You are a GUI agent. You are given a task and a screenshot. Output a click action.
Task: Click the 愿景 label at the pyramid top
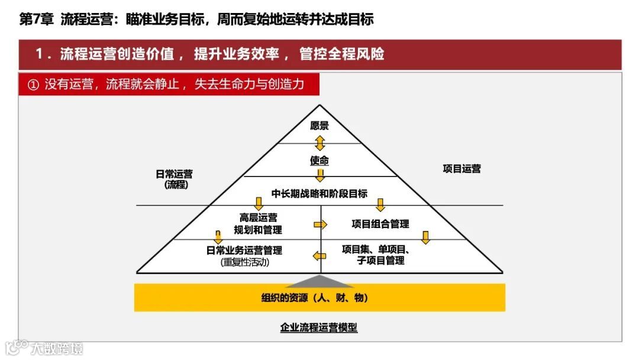click(319, 126)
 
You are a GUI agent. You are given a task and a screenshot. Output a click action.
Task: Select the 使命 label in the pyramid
click(319, 161)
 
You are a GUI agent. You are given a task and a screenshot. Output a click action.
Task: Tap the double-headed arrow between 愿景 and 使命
click(320, 143)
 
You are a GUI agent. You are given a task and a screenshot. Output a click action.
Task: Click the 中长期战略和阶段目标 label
click(319, 194)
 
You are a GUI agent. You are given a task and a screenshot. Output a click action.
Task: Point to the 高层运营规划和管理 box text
click(258, 224)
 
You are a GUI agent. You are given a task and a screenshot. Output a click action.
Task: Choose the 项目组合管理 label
click(380, 224)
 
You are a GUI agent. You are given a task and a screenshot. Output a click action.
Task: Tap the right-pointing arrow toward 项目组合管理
click(320, 224)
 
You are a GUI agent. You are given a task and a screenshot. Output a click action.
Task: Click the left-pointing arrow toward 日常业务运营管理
click(319, 256)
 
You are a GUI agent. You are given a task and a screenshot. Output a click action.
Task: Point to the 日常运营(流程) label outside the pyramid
click(174, 179)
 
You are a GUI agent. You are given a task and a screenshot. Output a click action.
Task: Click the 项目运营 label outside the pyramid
click(462, 169)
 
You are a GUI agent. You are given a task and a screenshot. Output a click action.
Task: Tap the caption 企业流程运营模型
click(319, 327)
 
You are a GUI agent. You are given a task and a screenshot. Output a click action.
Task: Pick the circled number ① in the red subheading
click(33, 85)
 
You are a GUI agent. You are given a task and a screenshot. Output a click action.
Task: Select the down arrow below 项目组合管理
click(425, 237)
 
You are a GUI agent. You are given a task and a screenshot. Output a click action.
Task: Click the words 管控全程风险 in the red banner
click(341, 54)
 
